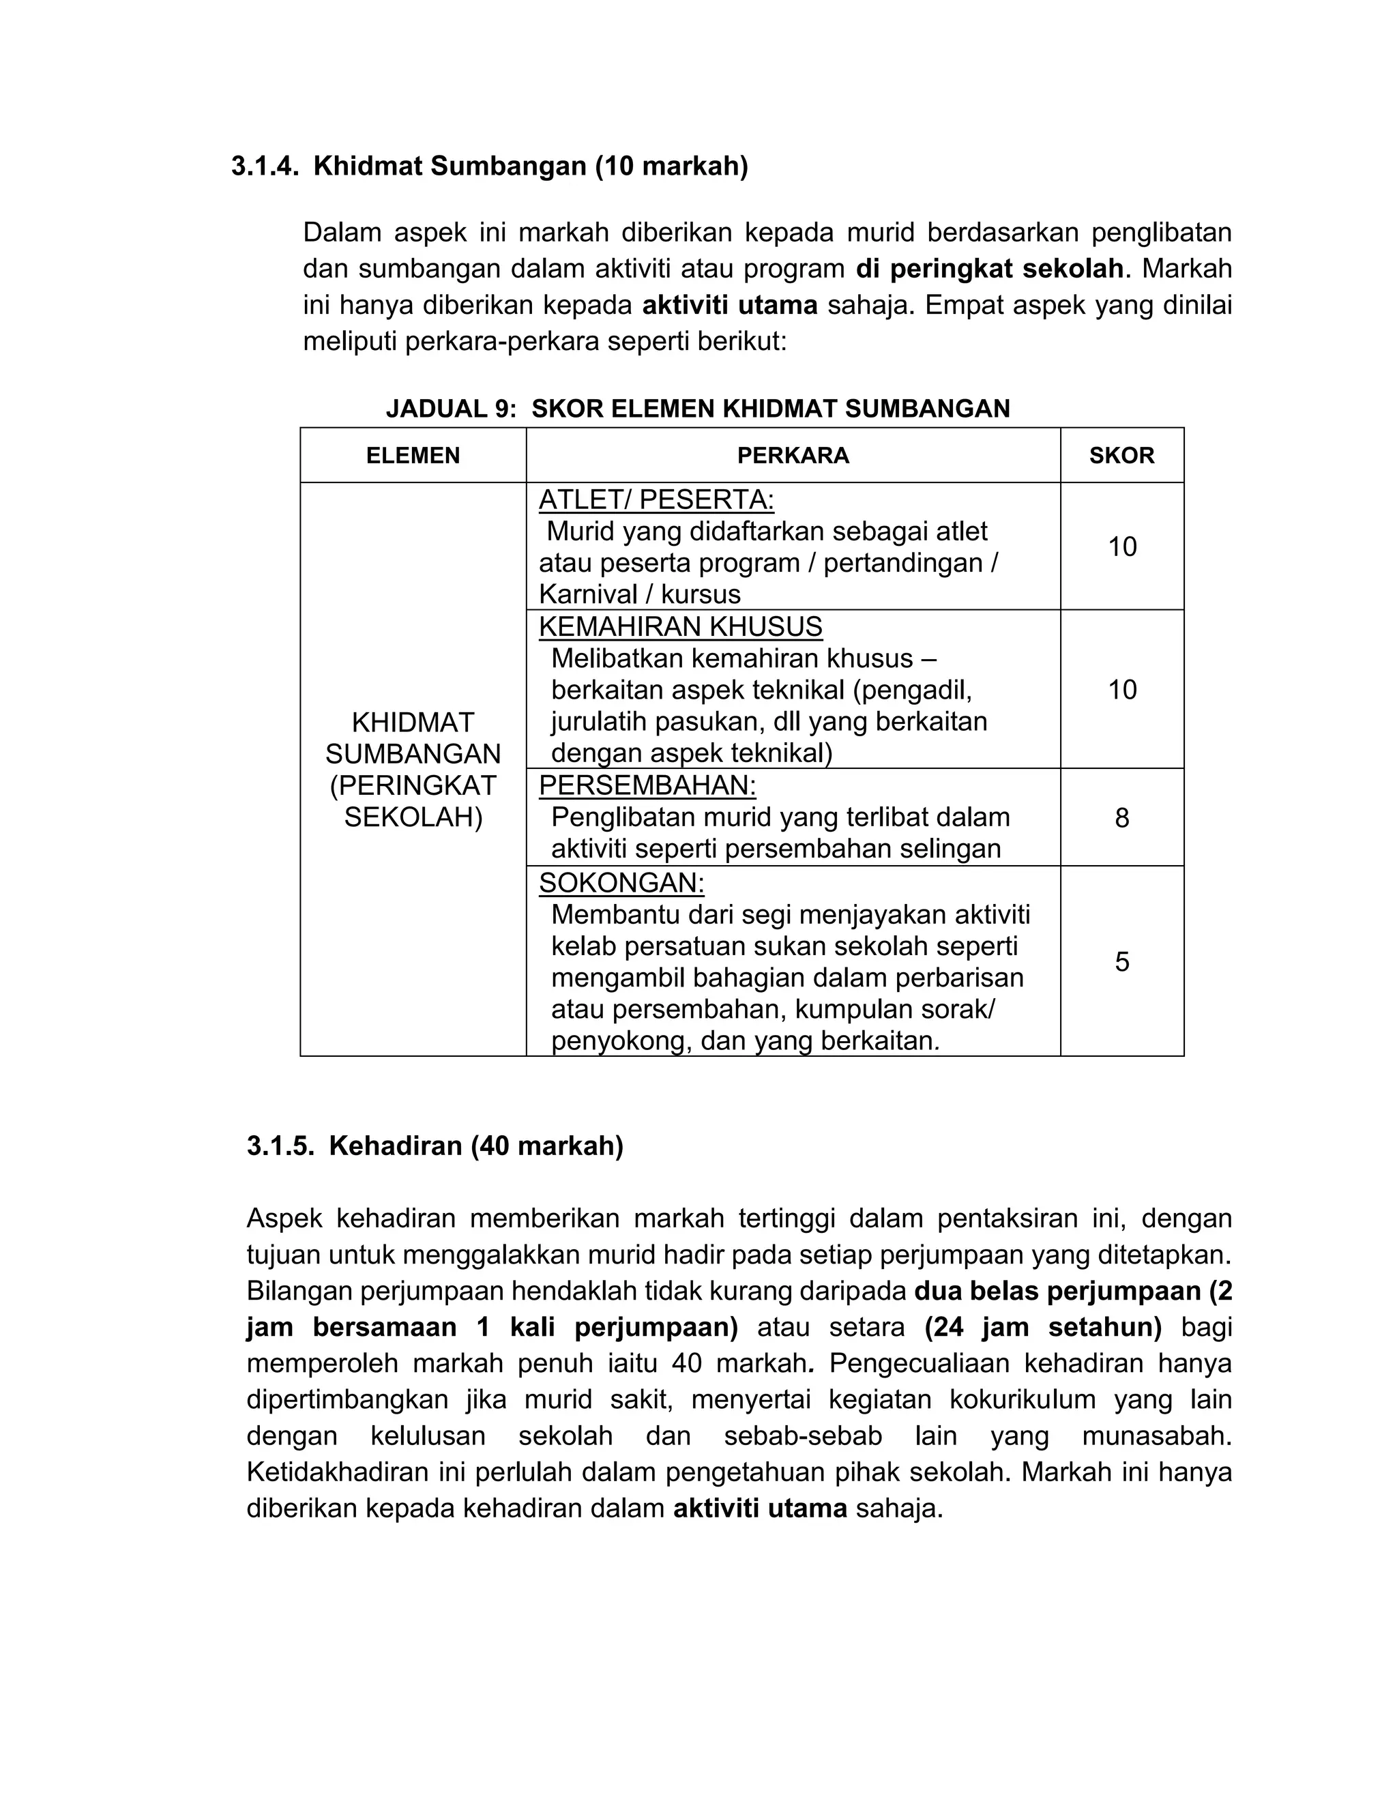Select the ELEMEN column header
pos(412,455)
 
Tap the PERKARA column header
pos(792,455)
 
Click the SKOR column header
pos(1121,455)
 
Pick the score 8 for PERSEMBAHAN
pos(1121,818)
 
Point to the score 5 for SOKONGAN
pos(1121,961)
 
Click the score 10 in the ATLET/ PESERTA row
pos(1121,546)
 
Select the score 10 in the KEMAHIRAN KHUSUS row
pos(1121,690)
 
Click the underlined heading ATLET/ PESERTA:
pos(656,500)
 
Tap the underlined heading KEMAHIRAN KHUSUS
pos(680,627)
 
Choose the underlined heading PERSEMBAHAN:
pos(647,785)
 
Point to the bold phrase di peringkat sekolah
pos(990,269)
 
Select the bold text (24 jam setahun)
pos(1043,1327)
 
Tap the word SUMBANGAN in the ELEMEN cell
pos(412,754)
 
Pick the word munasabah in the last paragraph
pos(1156,1436)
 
